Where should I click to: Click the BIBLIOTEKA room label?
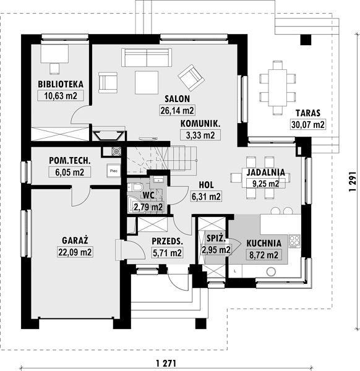tap(61, 84)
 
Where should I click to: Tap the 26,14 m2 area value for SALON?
tap(178, 110)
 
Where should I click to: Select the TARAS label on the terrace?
tap(307, 113)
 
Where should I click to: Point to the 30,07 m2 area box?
tap(307, 124)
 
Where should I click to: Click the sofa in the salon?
tap(147, 58)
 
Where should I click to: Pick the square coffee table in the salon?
tap(147, 83)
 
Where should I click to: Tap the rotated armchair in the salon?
tap(191, 78)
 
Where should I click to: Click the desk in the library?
tap(54, 54)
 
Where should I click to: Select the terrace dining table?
tap(277, 88)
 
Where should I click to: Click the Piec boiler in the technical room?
tap(114, 171)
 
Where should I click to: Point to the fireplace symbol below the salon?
tap(108, 136)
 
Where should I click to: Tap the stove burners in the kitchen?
tap(294, 241)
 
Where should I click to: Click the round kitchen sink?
tap(271, 271)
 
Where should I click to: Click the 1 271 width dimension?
tap(166, 363)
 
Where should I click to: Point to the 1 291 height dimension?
tap(353, 181)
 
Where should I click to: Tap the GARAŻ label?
tap(75, 241)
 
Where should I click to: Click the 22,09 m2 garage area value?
tap(75, 252)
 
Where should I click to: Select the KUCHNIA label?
tap(264, 244)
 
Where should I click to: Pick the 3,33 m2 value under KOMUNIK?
tap(200, 135)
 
